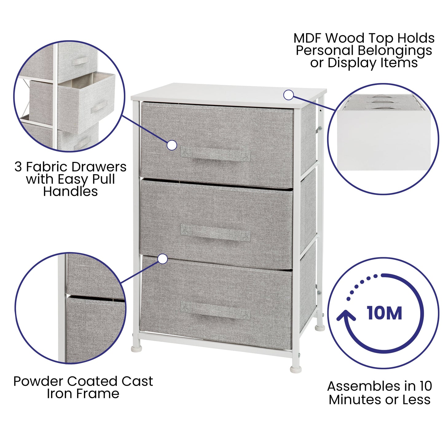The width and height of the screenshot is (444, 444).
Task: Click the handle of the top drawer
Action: coord(215,154)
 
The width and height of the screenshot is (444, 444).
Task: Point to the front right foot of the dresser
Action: coord(296,368)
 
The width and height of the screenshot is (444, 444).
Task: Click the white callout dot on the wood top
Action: coord(288,95)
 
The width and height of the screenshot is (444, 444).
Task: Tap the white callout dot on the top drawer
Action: coord(172,145)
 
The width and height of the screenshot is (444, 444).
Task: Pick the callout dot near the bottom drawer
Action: coord(163,259)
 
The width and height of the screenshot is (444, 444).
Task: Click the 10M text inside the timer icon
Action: coord(384,313)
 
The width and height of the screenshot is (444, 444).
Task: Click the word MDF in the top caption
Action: coord(308,39)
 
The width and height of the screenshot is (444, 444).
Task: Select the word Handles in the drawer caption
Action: coord(70,191)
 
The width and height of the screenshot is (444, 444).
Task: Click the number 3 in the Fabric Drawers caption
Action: coord(18,167)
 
